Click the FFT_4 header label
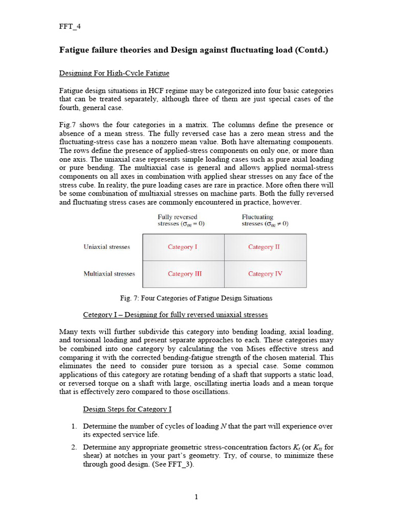[70, 27]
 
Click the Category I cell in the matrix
[183, 247]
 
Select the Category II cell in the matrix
[264, 247]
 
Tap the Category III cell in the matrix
[185, 274]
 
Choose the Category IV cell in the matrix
[265, 274]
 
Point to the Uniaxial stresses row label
[107, 247]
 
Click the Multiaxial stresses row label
[109, 274]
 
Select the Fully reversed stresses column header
[181, 221]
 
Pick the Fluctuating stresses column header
[265, 221]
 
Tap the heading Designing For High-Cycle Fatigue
[114, 74]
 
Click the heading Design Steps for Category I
[127, 409]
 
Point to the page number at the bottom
[196, 497]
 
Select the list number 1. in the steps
[74, 426]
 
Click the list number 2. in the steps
[74, 447]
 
